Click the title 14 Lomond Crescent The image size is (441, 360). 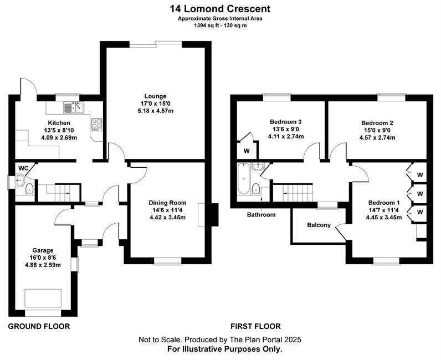click(x=221, y=8)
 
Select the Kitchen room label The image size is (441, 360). click(x=59, y=123)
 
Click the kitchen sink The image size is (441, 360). click(x=73, y=107)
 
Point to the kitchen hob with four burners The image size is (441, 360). click(x=96, y=124)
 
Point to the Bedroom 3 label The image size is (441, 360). click(x=285, y=122)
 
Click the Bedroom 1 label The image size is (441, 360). click(x=380, y=203)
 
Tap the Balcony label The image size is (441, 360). click(x=319, y=225)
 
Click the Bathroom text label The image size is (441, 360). click(x=261, y=214)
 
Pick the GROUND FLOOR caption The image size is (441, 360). click(x=39, y=326)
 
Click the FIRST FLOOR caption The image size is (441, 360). click(x=255, y=326)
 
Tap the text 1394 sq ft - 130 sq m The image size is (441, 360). click(x=220, y=25)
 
